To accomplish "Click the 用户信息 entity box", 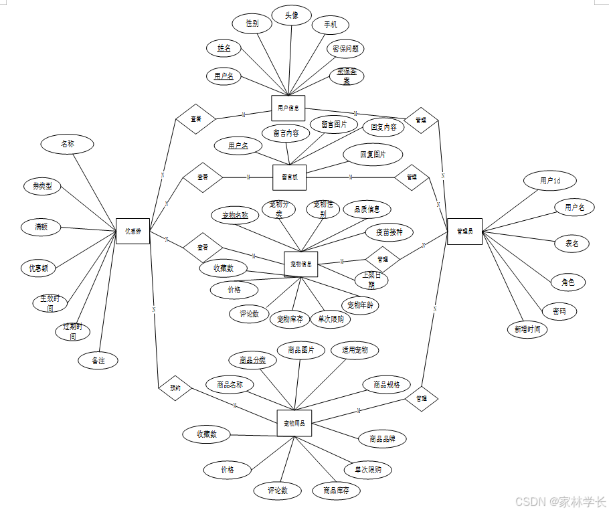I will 288,108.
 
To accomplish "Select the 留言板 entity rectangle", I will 290,177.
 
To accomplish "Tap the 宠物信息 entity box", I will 300,264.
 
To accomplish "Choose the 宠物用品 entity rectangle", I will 294,423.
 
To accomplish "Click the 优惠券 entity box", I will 133,231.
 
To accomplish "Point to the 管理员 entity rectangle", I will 464,231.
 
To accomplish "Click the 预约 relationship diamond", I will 175,388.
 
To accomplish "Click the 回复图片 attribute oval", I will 373,155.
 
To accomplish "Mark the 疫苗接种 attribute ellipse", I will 389,232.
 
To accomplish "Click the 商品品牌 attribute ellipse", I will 382,439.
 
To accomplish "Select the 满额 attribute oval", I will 41,227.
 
